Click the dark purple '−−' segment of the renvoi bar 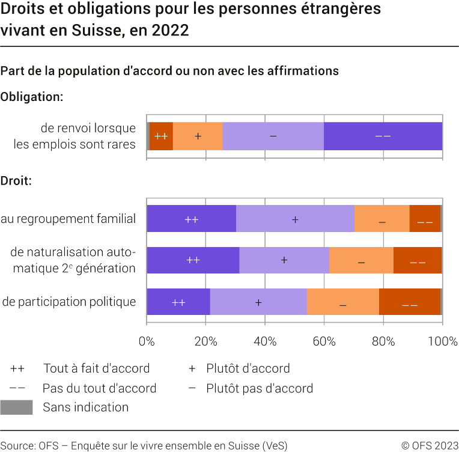(383, 136)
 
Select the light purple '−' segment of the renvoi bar (273, 136)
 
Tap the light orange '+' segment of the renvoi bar (198, 136)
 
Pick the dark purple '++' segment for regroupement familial (191, 219)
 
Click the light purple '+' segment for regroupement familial (295, 219)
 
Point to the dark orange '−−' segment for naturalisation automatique (418, 260)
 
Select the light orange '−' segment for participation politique (342, 302)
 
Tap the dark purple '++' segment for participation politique (178, 302)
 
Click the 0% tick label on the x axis (147, 341)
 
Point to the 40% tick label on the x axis (265, 341)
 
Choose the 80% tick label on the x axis (383, 341)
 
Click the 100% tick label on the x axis (442, 341)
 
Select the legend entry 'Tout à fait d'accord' (96, 368)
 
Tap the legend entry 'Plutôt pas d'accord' (259, 388)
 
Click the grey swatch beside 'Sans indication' (16, 408)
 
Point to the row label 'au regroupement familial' (68, 219)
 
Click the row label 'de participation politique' (69, 302)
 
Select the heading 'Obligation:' (32, 97)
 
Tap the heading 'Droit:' (16, 180)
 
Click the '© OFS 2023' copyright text (430, 445)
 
